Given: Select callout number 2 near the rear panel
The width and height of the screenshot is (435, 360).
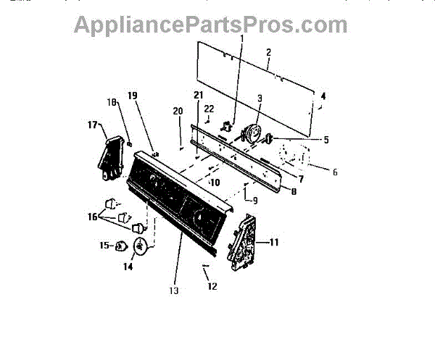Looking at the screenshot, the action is coord(268,53).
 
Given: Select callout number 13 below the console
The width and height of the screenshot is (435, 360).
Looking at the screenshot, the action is coord(173,291).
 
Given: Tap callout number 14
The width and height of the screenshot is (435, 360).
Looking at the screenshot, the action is coord(128,266).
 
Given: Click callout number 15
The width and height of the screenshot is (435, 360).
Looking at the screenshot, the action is coord(104,246).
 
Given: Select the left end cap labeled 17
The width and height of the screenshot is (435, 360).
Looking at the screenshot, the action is coord(112,158).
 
